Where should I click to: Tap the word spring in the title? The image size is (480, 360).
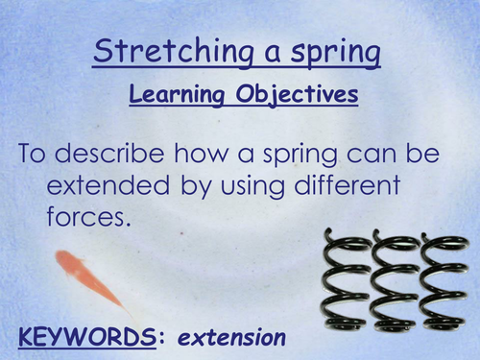click(x=333, y=53)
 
